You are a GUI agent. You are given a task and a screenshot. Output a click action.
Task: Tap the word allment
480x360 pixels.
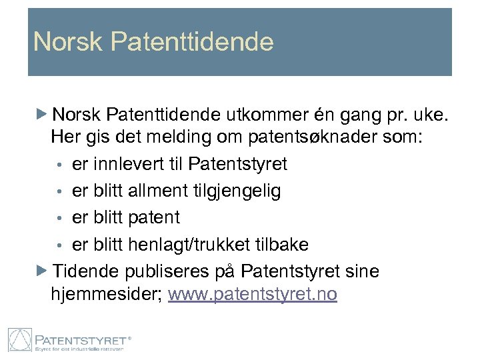coord(159,191)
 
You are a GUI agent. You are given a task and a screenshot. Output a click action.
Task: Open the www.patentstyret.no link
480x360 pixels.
coord(253,293)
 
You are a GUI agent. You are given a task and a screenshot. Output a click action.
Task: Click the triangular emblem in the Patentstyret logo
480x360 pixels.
coord(19,339)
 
